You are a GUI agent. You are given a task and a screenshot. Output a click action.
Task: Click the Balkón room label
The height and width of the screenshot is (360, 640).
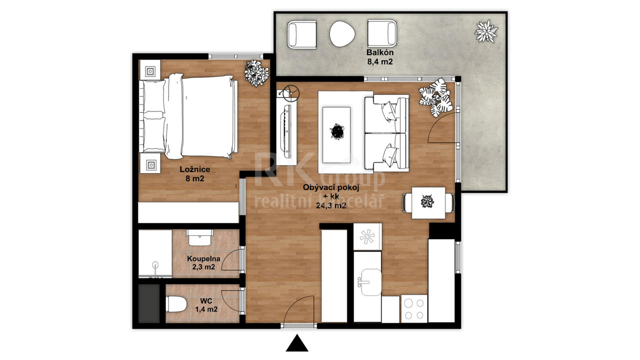379,52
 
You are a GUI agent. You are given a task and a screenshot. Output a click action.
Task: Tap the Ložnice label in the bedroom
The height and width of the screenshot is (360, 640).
195,169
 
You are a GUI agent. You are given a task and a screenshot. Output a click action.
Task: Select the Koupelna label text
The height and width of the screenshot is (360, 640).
203,259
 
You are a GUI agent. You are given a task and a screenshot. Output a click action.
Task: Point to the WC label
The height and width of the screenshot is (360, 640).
206,301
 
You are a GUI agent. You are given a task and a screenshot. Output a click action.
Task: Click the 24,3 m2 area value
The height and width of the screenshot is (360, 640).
331,205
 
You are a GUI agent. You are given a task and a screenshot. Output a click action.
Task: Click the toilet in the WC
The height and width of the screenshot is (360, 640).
176,304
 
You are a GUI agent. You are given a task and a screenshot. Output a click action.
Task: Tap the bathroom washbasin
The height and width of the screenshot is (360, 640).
199,237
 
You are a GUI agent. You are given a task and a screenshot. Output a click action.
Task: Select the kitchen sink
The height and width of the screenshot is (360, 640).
370,282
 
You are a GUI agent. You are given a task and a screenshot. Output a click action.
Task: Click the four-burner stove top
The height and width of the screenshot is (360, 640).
414,309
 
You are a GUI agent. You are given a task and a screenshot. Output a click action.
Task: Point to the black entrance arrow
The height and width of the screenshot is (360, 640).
297,343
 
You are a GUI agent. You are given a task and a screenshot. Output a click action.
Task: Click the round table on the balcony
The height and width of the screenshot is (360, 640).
342,34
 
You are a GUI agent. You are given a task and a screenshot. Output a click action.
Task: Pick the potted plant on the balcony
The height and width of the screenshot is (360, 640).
486,31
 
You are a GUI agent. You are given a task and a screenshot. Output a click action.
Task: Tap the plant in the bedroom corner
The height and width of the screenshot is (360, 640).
256,73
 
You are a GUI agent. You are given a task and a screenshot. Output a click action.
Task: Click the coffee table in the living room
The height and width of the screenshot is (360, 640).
336,135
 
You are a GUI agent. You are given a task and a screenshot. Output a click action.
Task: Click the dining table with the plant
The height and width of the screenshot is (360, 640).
428,203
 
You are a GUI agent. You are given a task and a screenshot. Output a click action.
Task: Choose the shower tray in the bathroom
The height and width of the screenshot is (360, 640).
155,253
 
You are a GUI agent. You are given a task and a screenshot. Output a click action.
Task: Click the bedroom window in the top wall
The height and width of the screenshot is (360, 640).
235,56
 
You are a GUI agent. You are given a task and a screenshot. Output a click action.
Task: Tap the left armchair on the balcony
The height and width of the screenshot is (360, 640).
301,34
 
